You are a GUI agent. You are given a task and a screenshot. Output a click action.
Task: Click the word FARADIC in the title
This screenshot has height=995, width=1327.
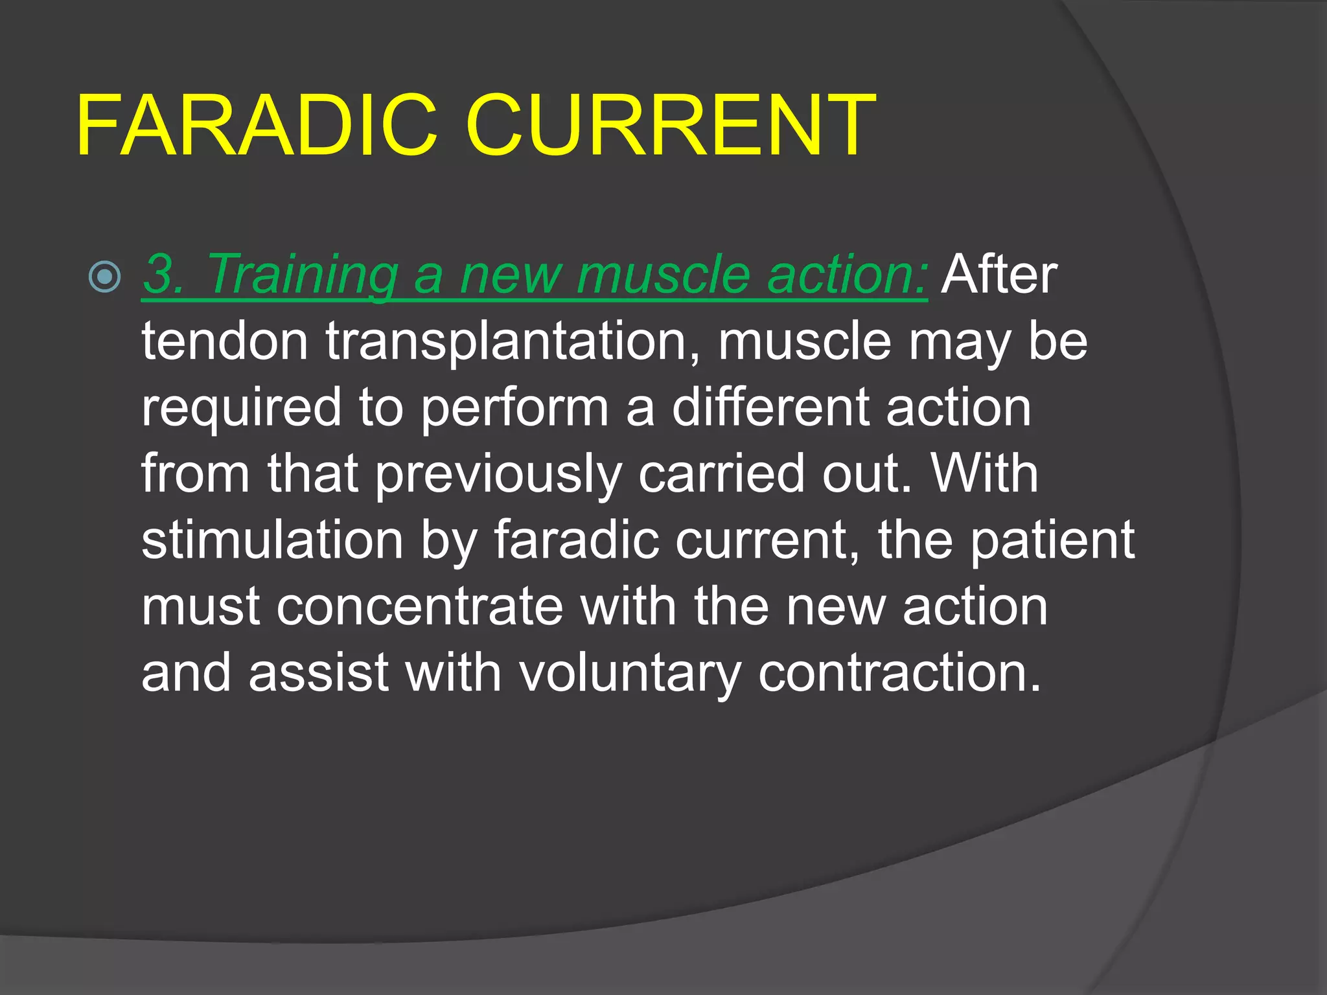click(257, 126)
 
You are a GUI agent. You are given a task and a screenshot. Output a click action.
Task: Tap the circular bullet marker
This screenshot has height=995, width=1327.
click(104, 277)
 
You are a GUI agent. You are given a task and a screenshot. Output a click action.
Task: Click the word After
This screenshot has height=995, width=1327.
click(999, 275)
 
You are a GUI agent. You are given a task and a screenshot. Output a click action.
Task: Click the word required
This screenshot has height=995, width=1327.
click(241, 409)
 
